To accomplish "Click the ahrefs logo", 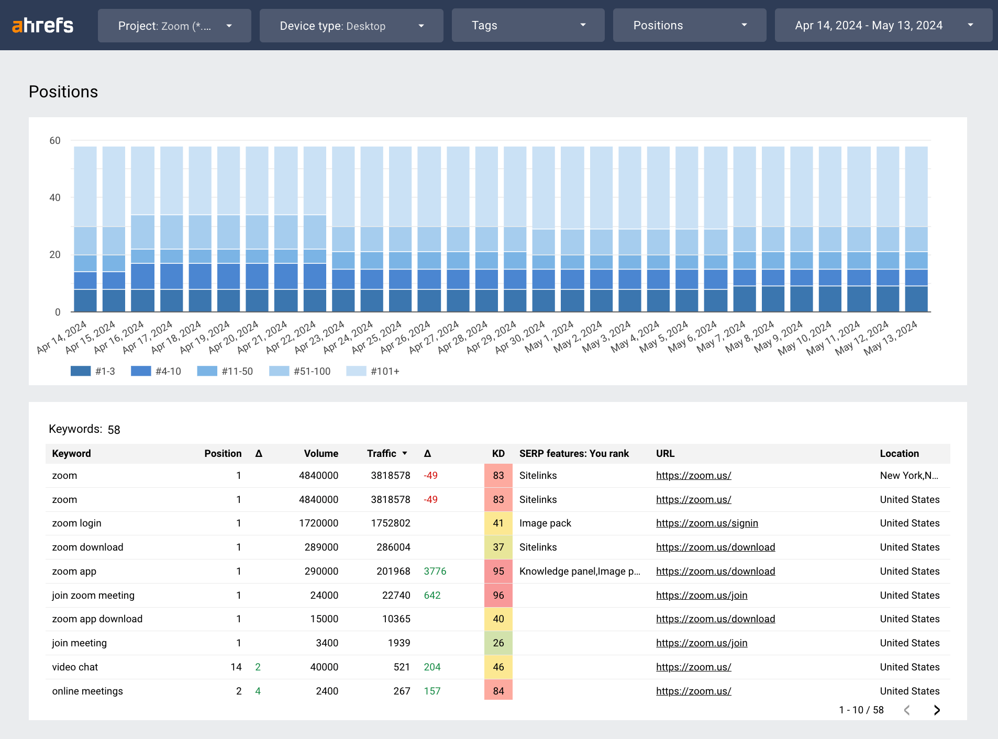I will click(43, 25).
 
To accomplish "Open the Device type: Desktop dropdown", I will click(351, 26).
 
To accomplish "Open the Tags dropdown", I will click(528, 26).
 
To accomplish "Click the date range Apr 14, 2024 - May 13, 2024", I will click(883, 26).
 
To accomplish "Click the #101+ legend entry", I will click(373, 371).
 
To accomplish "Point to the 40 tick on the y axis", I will click(55, 198).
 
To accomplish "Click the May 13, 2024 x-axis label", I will click(891, 338).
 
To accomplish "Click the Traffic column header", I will click(382, 454).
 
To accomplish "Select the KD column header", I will click(498, 454).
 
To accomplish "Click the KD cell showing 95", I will click(498, 572).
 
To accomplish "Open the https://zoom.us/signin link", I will click(707, 523).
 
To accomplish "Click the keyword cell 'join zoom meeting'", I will click(93, 596).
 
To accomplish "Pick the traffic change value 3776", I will click(435, 572).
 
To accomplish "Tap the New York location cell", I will click(908, 476).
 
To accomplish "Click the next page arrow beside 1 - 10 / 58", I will click(937, 710).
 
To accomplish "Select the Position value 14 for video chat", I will click(236, 667).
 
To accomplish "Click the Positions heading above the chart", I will click(63, 92).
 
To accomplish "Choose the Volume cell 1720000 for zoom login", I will click(318, 523).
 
